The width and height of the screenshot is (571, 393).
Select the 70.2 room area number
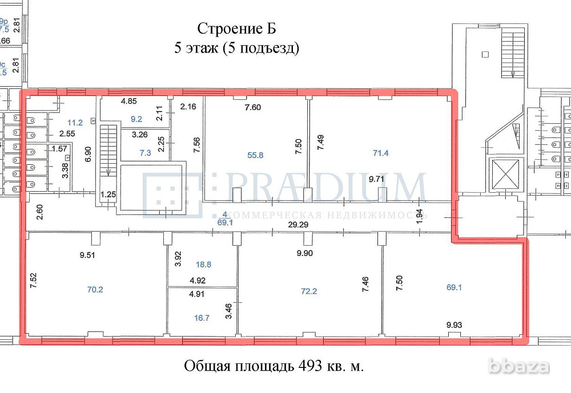click(95, 289)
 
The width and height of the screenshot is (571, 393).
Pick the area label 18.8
click(203, 264)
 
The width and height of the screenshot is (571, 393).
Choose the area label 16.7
click(202, 318)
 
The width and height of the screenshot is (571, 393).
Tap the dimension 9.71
click(378, 179)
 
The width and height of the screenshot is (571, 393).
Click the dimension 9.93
click(454, 325)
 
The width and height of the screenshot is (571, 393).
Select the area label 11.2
click(75, 122)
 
